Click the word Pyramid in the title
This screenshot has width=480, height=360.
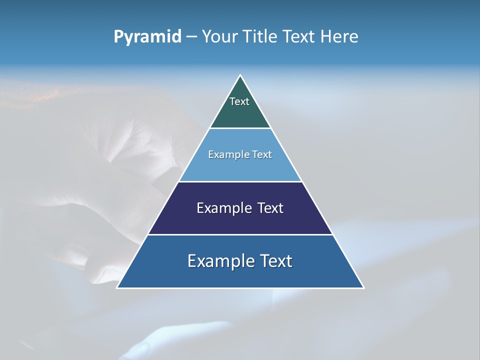click(147, 37)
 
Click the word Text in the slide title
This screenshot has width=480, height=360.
click(299, 36)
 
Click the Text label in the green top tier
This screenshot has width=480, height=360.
click(239, 101)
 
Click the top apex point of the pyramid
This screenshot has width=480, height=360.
click(240, 75)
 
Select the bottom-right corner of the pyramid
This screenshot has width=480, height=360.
click(363, 287)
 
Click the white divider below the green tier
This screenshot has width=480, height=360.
click(240, 128)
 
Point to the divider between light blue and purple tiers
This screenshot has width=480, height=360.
click(240, 181)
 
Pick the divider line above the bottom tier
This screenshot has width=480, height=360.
click(240, 234)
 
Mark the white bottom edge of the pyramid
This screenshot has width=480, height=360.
click(240, 288)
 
